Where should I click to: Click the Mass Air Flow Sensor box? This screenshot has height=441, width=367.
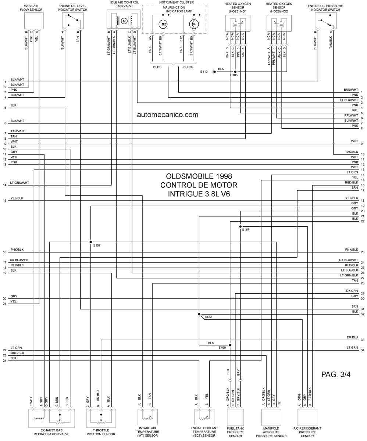pos(34,21)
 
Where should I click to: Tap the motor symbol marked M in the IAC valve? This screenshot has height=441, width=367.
pos(124,21)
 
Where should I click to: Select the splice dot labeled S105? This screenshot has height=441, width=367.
pos(235,72)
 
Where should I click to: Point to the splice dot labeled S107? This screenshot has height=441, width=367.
pos(91,242)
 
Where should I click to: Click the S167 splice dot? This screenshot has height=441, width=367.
pos(240,227)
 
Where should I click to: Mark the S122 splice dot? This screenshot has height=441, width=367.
pos(199,314)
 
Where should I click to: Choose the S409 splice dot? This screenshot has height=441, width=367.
pos(230,345)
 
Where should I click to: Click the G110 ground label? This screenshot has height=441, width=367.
pos(204,72)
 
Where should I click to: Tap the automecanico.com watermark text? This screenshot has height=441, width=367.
pos(168,115)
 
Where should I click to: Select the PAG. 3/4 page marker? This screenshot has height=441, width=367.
pos(336,374)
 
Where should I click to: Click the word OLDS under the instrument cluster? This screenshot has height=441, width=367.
pos(157,67)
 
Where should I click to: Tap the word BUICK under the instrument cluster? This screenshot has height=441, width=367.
pos(188,67)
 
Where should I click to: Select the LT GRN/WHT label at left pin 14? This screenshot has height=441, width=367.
pos(19,183)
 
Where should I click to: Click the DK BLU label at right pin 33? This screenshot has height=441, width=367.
pos(352,337)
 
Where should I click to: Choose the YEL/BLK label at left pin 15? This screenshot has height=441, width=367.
pos(17,198)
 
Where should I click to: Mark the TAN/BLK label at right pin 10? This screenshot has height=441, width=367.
pos(352,152)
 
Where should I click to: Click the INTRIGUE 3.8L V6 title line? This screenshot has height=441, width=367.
pos(199,194)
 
